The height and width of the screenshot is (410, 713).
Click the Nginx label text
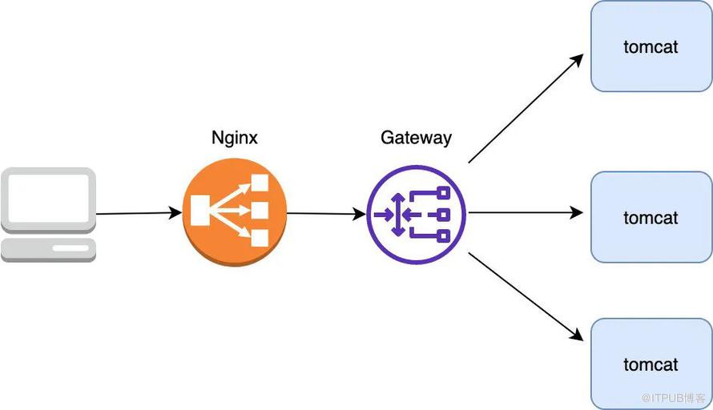click(x=235, y=137)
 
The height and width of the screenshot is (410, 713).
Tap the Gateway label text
click(x=416, y=137)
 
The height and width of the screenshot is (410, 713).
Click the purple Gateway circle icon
click(x=416, y=214)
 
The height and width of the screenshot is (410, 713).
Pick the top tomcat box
click(x=651, y=46)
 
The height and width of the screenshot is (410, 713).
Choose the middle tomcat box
click(x=651, y=217)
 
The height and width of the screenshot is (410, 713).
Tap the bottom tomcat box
click(x=651, y=364)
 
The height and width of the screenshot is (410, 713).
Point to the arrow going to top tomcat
click(x=525, y=109)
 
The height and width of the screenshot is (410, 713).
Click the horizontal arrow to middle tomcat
click(x=525, y=213)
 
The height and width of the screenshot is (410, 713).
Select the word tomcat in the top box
click(x=651, y=46)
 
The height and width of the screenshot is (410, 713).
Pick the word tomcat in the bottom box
click(x=651, y=364)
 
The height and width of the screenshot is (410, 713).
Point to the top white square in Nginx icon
click(x=260, y=183)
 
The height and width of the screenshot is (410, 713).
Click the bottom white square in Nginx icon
click(x=260, y=238)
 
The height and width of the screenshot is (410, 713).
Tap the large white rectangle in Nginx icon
click(x=199, y=211)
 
